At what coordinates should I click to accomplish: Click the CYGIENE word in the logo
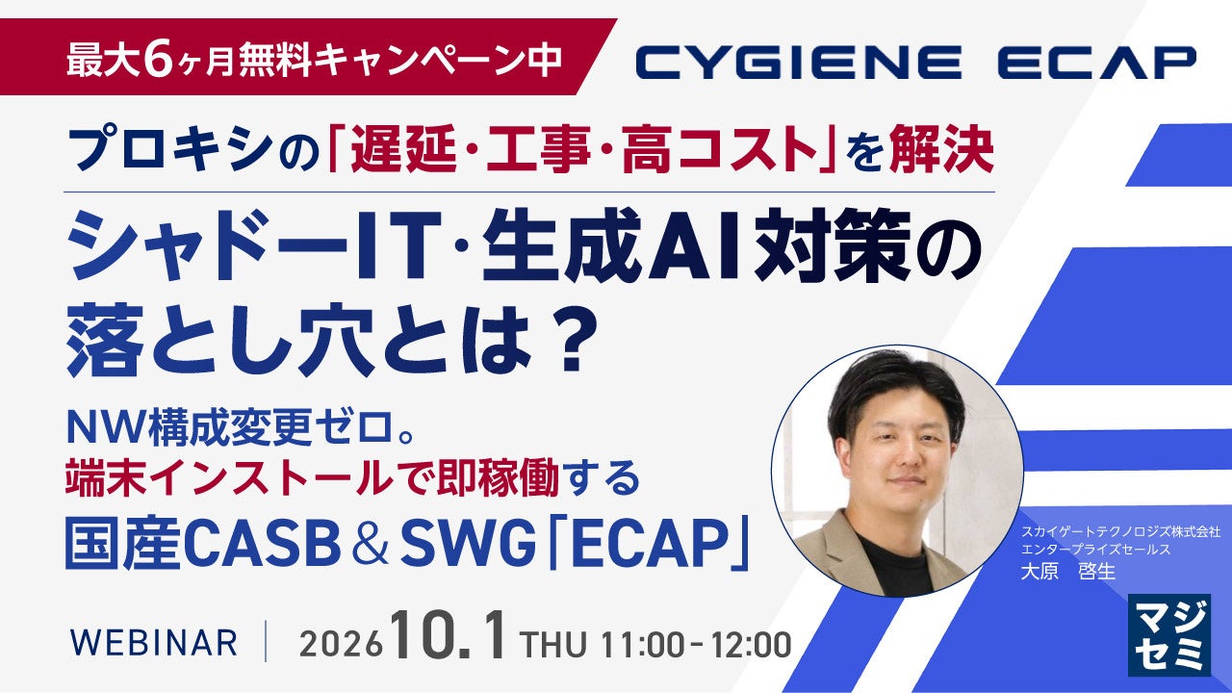coord(799,63)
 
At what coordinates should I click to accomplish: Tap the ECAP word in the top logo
coord(1097,63)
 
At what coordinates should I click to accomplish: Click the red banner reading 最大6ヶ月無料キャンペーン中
coord(308,57)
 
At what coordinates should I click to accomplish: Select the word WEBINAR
coord(154,642)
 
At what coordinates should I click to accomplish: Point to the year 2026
coord(341,644)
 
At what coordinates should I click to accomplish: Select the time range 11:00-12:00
coord(696,644)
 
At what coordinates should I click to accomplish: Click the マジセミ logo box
coord(1169,634)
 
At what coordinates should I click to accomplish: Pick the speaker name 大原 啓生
coord(1068,572)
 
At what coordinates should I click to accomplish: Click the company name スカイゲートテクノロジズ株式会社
coord(1120,532)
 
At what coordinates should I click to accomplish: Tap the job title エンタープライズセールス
coord(1095,549)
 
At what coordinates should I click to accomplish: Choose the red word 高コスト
coord(718,149)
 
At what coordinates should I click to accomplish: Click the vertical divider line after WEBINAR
coord(267,641)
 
